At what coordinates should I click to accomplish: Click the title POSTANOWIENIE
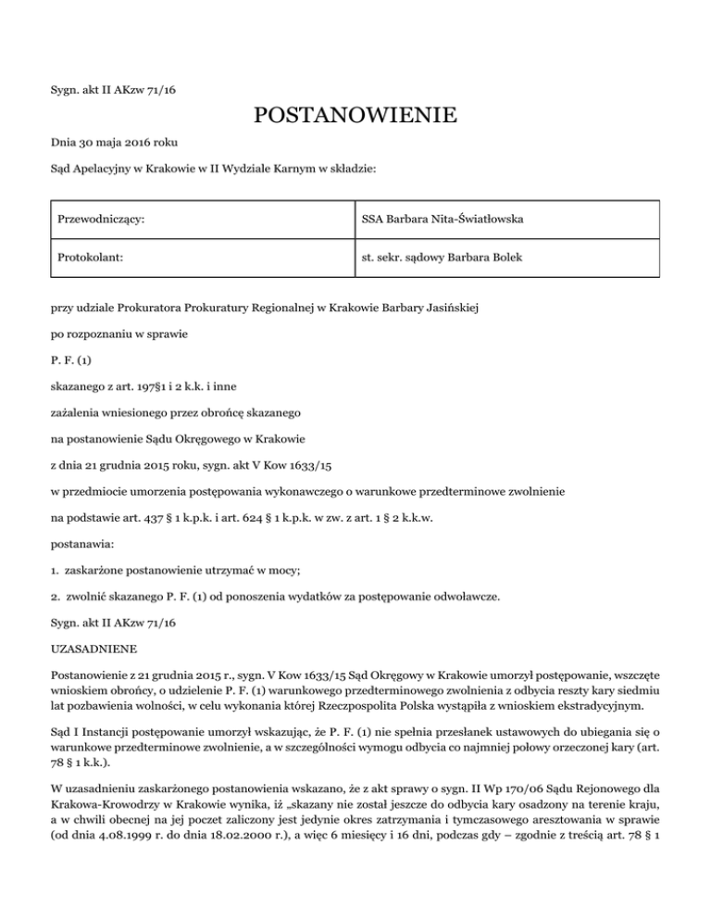click(355, 117)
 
